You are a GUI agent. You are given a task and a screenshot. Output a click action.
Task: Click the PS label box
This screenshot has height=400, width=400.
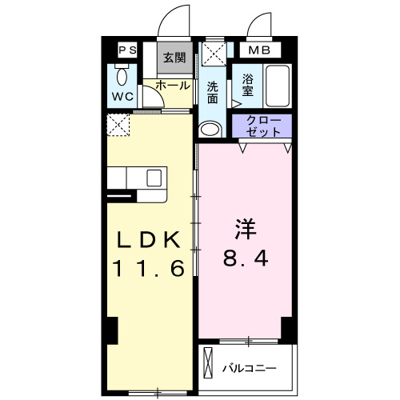(x=127, y=50)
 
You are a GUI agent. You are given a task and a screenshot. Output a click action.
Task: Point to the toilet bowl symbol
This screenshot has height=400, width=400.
(x=122, y=76)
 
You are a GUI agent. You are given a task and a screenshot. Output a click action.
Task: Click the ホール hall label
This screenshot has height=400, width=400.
(x=172, y=85)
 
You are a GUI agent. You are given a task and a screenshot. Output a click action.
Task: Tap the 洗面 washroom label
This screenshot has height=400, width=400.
(x=212, y=93)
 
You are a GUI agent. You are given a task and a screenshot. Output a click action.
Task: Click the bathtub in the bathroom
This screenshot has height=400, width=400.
(x=277, y=86)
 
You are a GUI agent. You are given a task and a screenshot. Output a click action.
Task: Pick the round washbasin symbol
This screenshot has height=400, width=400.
(x=210, y=129)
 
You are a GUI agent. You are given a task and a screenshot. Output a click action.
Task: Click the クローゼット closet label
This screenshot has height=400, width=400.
(x=262, y=125)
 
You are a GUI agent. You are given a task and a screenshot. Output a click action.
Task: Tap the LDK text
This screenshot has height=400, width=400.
(x=150, y=239)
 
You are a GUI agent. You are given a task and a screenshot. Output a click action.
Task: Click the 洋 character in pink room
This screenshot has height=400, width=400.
(x=246, y=229)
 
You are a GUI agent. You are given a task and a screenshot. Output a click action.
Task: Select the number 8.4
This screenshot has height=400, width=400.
(x=246, y=258)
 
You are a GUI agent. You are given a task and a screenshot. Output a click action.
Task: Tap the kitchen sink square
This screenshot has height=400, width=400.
(x=154, y=177)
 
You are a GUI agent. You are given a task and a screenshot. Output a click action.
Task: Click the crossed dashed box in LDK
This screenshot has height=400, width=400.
(x=119, y=125)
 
